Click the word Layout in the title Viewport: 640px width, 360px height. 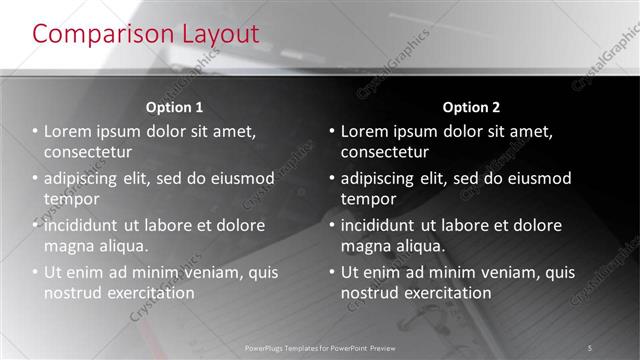pyautogui.click(x=217, y=33)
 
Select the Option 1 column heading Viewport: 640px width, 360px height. pyautogui.click(x=174, y=107)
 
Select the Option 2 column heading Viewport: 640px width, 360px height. pyautogui.click(x=471, y=107)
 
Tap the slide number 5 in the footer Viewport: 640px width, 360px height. pyautogui.click(x=590, y=347)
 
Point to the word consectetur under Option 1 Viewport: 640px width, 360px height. pyautogui.click(x=88, y=153)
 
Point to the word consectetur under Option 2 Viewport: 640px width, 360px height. pyautogui.click(x=385, y=153)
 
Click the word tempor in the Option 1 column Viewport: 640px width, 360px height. pyautogui.click(x=69, y=199)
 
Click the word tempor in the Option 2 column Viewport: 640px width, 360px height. pyautogui.click(x=366, y=199)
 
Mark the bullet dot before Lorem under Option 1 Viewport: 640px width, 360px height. pyautogui.click(x=35, y=131)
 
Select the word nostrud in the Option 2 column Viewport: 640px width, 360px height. pyautogui.click(x=369, y=293)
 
